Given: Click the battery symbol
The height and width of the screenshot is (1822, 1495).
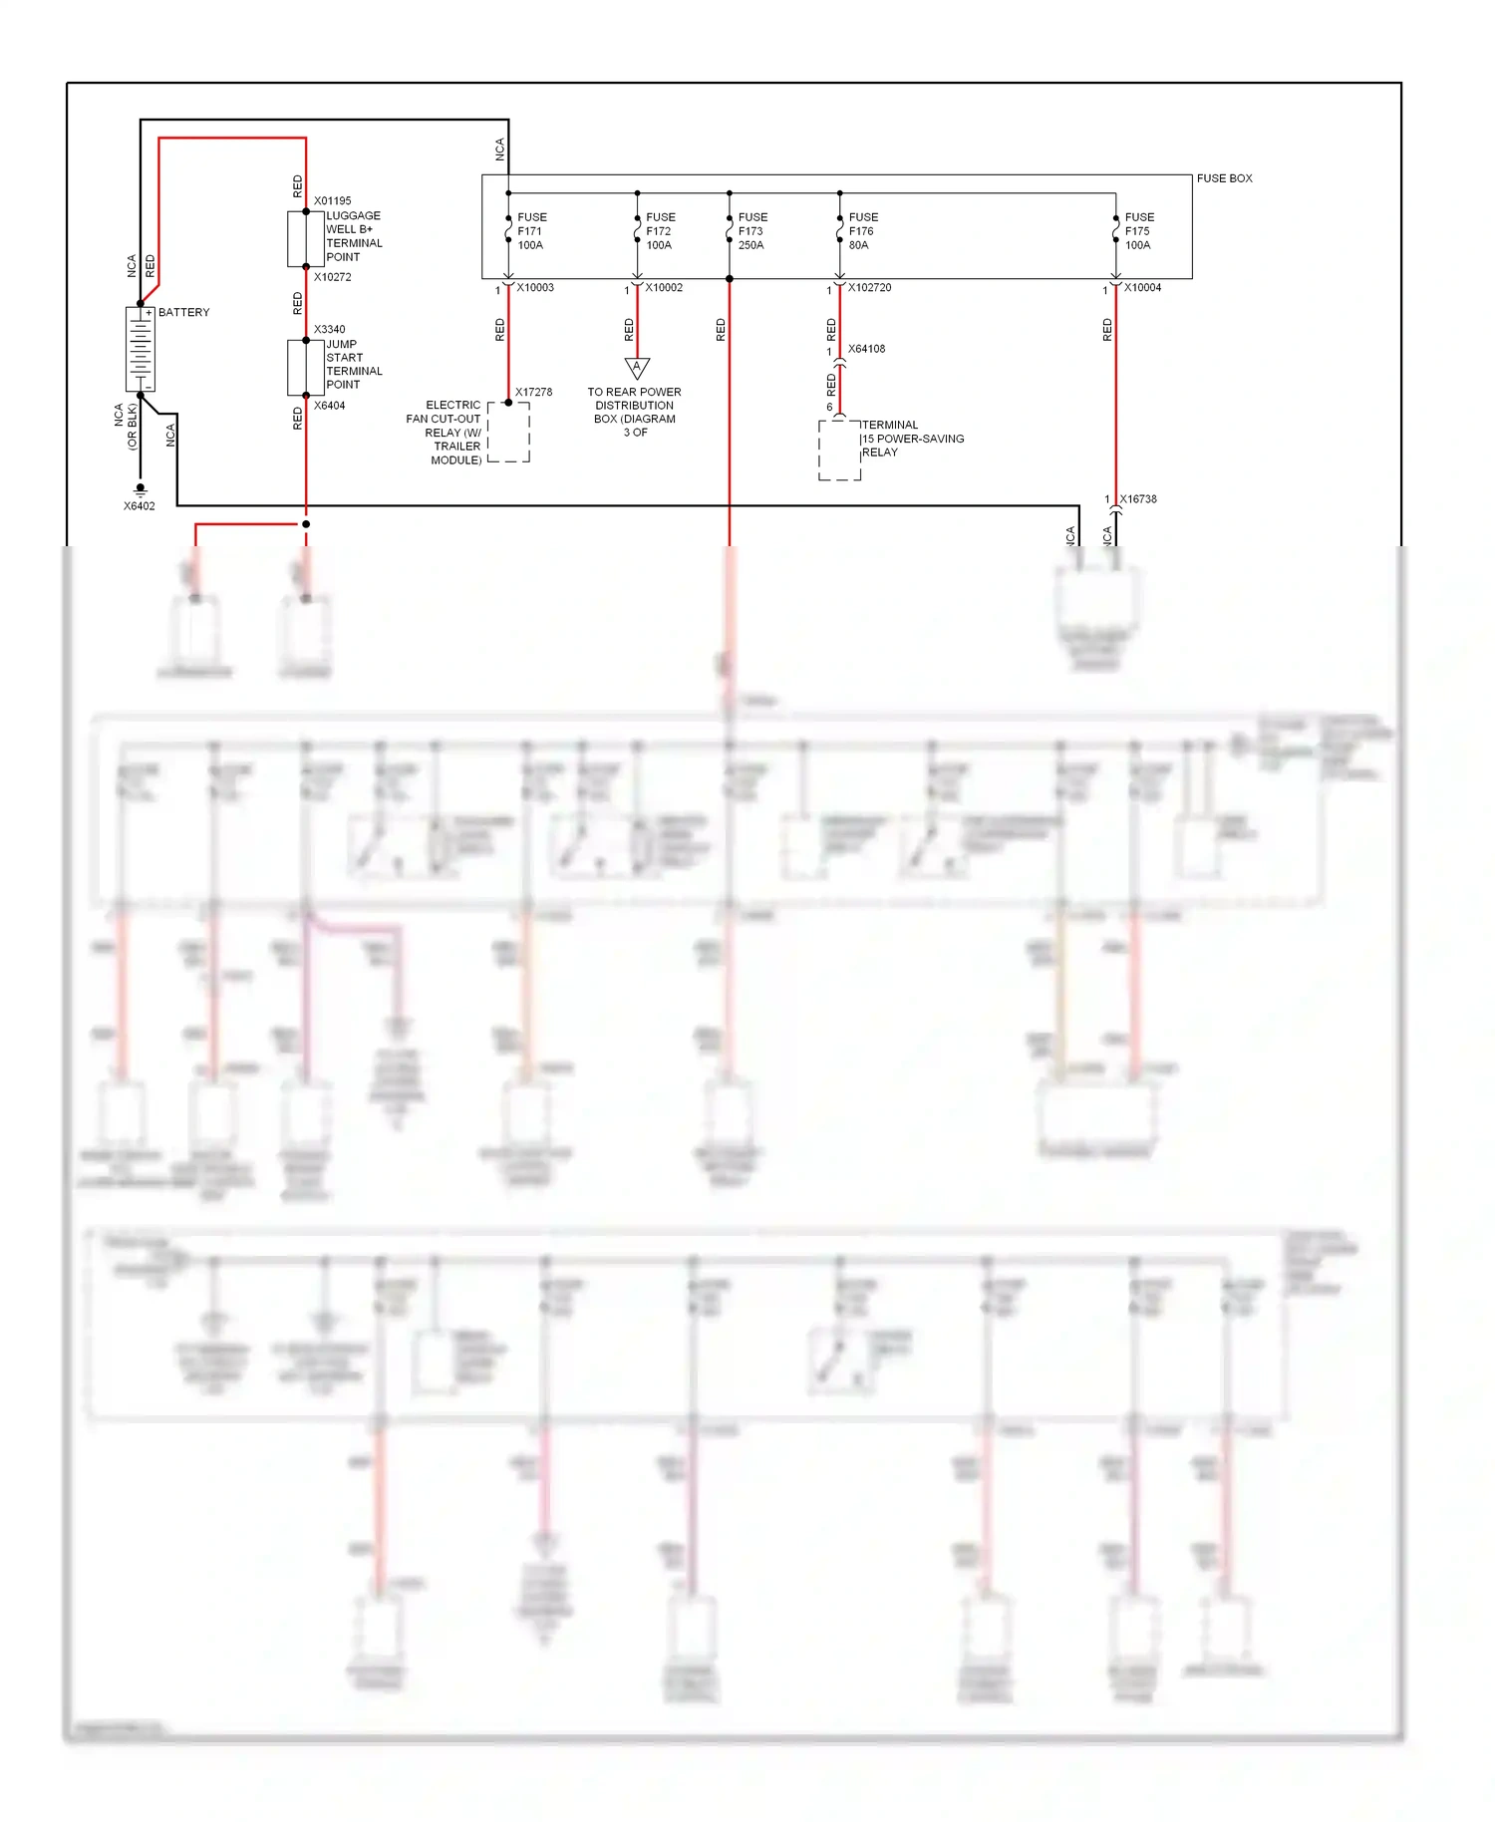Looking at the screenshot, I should pos(141,349).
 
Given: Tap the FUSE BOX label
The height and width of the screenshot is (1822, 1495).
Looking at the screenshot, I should pos(1224,178).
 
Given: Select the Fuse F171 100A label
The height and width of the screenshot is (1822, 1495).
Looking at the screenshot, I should pos(531,231).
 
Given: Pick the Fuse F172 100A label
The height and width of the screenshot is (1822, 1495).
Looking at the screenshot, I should pos(660,231).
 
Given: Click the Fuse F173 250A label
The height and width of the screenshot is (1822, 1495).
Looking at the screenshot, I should pos(752,231).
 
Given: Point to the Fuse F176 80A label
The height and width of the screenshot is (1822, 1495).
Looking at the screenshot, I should pos(862,231).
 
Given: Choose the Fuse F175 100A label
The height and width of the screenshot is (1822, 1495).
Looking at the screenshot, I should pos(1138,231).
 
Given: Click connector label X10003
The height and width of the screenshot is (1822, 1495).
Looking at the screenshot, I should pos(535,288).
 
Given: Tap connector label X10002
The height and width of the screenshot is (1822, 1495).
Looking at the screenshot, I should pos(664,288).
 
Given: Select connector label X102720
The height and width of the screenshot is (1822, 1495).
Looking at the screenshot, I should pos(869,288).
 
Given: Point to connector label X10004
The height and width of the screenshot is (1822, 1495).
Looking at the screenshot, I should pos(1142,288).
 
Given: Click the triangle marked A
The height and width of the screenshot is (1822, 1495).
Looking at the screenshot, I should pos(637,368).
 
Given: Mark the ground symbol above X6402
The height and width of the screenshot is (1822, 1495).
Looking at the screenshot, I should pos(141,489).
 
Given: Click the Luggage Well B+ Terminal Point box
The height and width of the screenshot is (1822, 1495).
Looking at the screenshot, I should pos(298,239).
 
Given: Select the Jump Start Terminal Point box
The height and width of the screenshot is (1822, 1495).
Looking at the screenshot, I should pos(298,368).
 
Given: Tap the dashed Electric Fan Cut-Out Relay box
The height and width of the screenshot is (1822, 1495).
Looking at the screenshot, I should pos(508,433).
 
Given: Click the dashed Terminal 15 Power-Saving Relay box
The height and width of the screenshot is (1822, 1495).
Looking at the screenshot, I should pos(839,451).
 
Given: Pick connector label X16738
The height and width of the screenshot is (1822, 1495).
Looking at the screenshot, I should pos(1137,499).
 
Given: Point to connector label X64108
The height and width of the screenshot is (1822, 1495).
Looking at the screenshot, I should pos(866,349).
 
